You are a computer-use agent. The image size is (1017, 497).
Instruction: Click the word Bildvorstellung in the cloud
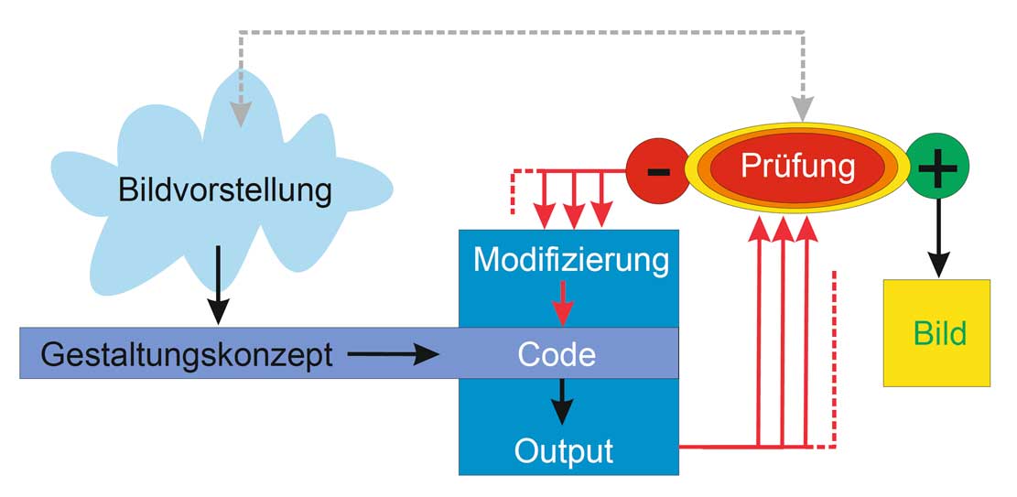click(x=224, y=191)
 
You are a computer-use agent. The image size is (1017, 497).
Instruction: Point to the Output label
click(x=563, y=450)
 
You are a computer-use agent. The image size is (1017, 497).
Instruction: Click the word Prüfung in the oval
click(x=797, y=166)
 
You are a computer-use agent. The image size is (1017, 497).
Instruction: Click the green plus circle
click(x=936, y=170)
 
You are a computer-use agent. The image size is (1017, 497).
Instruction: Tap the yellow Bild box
click(x=936, y=333)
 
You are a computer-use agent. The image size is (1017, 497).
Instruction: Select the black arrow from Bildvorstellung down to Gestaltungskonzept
click(x=218, y=284)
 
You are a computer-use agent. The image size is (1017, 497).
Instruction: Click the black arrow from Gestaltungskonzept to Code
click(x=395, y=353)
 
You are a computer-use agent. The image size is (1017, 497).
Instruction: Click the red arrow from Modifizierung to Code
click(x=562, y=302)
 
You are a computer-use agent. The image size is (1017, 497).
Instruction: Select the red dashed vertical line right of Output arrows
click(x=834, y=357)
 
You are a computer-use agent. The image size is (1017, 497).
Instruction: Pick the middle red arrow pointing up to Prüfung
click(x=782, y=330)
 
